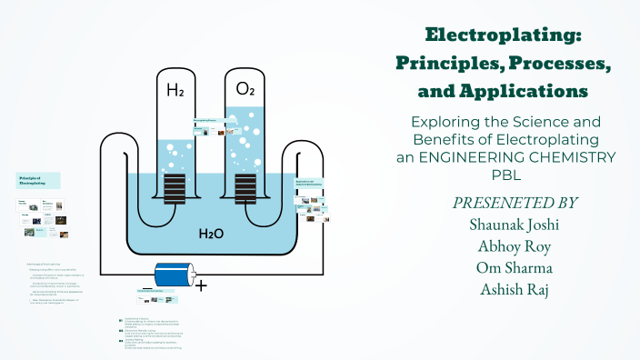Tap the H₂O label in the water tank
[212, 234]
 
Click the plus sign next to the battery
[202, 285]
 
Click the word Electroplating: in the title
[504, 35]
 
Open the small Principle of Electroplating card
[39, 179]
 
